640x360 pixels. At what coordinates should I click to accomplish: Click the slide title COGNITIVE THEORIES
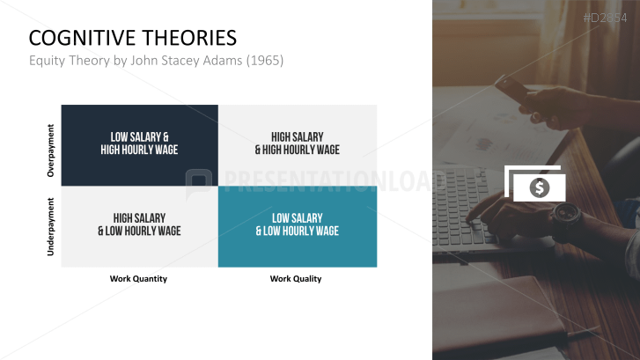click(132, 38)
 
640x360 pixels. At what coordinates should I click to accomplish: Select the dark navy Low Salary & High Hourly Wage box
click(139, 143)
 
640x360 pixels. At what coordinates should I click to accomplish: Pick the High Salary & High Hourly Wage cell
click(298, 143)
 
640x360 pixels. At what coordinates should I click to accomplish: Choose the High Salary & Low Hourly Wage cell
click(139, 224)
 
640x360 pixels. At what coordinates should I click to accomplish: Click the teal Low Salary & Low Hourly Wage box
click(298, 224)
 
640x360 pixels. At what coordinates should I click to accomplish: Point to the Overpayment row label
click(50, 151)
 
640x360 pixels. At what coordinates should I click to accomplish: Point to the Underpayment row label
click(50, 227)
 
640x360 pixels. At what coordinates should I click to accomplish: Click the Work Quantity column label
click(138, 279)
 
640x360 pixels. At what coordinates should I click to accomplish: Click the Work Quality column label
click(296, 279)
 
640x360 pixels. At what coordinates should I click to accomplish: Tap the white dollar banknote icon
click(535, 185)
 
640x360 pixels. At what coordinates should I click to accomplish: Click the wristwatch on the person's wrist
click(565, 214)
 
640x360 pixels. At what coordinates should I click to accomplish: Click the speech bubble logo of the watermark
click(199, 182)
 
